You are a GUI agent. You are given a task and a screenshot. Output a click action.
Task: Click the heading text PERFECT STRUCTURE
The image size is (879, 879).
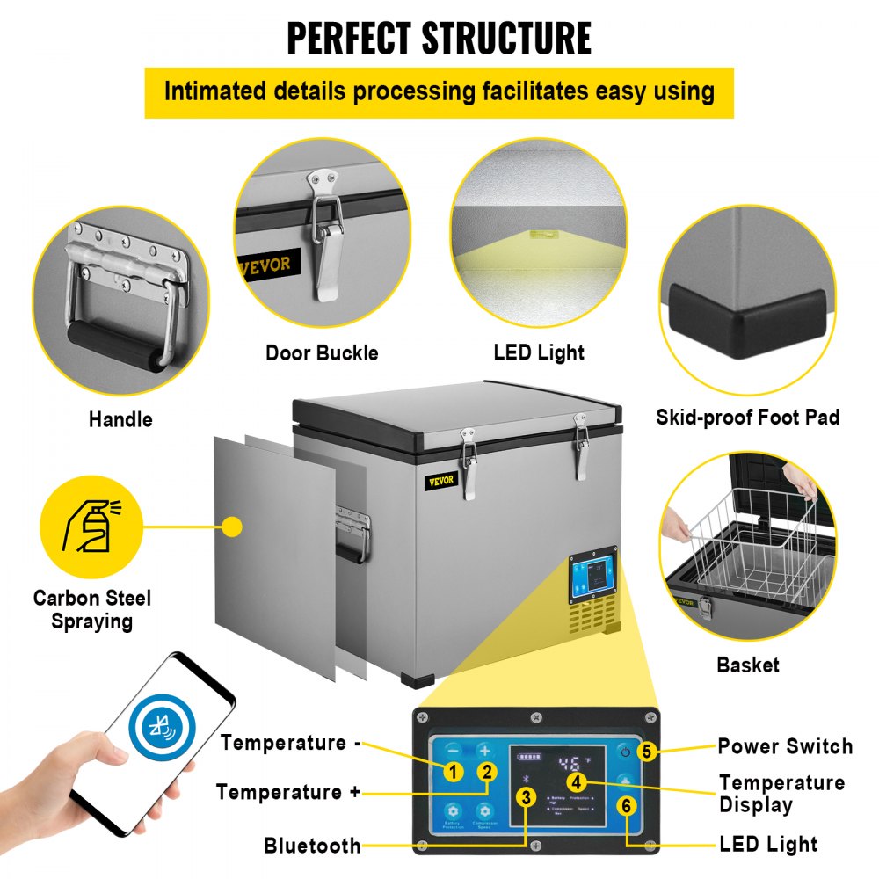[x=439, y=39]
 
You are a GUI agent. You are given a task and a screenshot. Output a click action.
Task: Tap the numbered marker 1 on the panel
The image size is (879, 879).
[x=453, y=773]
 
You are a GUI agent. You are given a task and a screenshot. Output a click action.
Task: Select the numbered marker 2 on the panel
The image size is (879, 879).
[x=485, y=773]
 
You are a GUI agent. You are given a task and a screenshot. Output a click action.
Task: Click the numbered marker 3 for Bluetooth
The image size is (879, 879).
[x=526, y=797]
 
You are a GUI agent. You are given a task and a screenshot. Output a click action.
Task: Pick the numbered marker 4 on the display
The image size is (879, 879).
[x=576, y=781]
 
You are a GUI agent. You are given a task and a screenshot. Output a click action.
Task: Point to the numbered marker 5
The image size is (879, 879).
[x=647, y=752]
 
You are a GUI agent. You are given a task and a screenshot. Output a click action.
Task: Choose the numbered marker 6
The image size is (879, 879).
[x=625, y=804]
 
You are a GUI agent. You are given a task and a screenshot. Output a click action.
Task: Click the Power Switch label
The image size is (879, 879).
[x=785, y=746]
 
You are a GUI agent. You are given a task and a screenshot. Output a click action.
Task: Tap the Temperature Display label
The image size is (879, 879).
[x=781, y=794]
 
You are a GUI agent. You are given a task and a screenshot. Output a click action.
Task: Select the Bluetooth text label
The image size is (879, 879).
[x=312, y=846]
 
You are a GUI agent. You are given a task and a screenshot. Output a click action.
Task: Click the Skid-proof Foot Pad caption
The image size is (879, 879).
[x=747, y=417]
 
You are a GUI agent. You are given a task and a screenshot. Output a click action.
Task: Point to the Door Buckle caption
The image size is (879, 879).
[x=322, y=353]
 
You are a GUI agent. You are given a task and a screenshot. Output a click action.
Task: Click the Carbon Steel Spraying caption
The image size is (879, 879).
[x=92, y=609]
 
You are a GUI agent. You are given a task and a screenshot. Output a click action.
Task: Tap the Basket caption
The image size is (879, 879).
[x=747, y=665]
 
